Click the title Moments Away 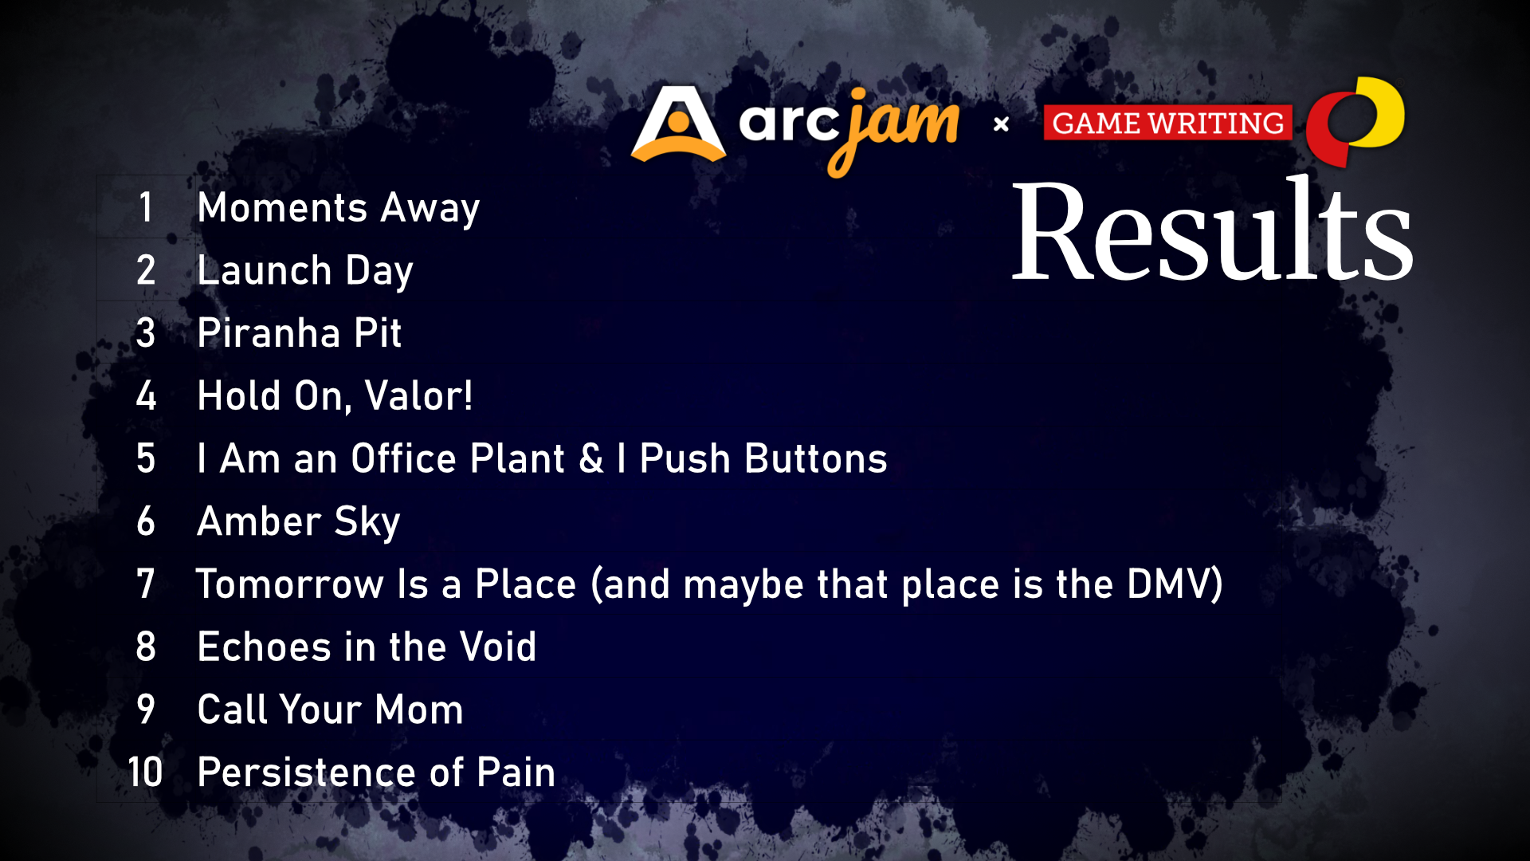(338, 207)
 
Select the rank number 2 (146, 270)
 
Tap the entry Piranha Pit (299, 332)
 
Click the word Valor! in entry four (418, 395)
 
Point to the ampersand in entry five (591, 458)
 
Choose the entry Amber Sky (298, 521)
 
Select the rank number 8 (146, 647)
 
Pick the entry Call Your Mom (330, 710)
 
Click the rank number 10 (145, 772)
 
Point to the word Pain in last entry (516, 772)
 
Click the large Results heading (1211, 231)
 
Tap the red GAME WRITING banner (1167, 123)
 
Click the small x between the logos (1002, 124)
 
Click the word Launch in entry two (264, 270)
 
